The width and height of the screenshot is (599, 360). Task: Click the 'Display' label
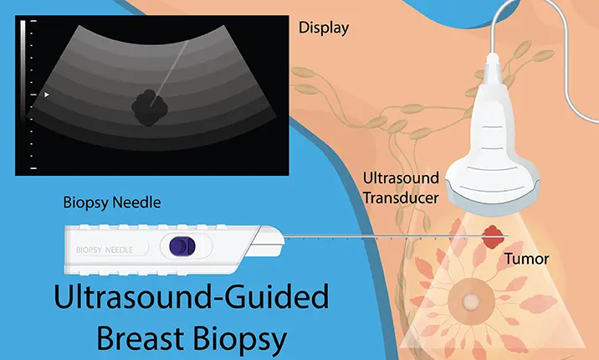click(324, 28)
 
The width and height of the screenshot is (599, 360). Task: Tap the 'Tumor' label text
click(526, 259)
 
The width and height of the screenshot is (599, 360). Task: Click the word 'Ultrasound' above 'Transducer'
click(401, 178)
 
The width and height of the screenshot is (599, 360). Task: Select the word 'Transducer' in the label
click(401, 198)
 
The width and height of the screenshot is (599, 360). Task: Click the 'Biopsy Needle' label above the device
click(112, 203)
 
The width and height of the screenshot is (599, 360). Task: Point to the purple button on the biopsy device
click(182, 246)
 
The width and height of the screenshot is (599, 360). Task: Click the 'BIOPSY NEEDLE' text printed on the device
click(105, 250)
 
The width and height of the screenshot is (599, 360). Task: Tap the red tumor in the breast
click(493, 237)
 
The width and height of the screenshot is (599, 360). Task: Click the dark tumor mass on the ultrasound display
click(150, 108)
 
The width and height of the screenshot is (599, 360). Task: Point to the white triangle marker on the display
click(47, 95)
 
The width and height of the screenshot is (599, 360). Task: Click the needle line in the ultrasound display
click(169, 74)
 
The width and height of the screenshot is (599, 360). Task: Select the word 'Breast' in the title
click(141, 338)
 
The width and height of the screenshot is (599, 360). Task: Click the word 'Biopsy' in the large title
click(239, 339)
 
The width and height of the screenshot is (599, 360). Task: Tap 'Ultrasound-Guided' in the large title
click(192, 296)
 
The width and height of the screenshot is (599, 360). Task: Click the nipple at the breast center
click(469, 301)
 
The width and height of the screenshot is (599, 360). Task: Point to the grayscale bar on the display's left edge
click(23, 68)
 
